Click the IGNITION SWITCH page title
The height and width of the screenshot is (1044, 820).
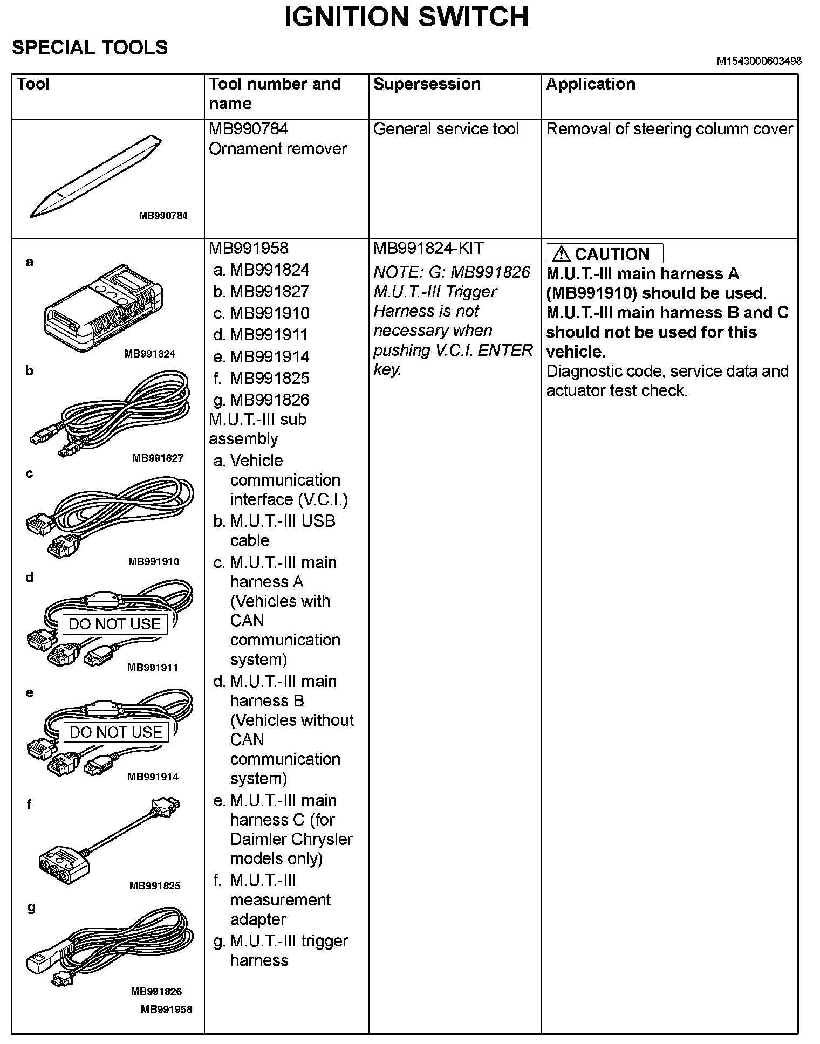[x=406, y=17]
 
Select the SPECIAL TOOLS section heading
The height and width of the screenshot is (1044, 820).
[x=90, y=48]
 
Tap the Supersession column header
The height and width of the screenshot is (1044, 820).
[x=427, y=84]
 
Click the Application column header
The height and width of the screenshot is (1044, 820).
[x=591, y=84]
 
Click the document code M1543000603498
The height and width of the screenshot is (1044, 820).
[x=758, y=61]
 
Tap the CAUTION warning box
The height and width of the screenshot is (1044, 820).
[x=605, y=253]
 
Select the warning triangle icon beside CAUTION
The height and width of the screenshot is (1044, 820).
[x=561, y=253]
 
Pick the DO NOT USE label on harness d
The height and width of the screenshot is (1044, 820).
[x=114, y=624]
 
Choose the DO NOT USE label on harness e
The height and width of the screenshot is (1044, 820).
[x=115, y=732]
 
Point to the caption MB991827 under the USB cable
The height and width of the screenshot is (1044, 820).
[x=158, y=458]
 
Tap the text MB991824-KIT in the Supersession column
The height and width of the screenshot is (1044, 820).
[x=428, y=249]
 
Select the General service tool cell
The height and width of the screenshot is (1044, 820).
[x=446, y=129]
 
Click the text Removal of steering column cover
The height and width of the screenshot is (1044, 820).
[x=669, y=129]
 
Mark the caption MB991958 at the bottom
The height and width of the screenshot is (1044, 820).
[x=166, y=1009]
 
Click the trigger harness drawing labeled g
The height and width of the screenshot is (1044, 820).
[x=108, y=947]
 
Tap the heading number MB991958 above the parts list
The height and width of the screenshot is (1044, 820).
[x=248, y=249]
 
